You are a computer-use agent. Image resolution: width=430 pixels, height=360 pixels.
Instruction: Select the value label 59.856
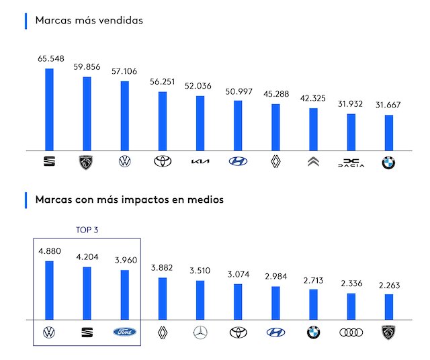[86, 66]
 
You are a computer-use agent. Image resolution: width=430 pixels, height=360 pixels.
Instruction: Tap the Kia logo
[200, 162]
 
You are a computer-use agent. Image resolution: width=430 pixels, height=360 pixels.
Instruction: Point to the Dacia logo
[350, 162]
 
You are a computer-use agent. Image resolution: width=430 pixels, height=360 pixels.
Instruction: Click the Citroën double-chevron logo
[313, 162]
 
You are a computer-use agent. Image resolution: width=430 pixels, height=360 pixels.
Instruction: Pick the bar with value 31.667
[388, 133]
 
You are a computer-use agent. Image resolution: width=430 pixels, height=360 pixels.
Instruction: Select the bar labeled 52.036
[200, 124]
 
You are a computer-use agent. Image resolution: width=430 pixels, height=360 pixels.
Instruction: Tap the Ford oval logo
[124, 332]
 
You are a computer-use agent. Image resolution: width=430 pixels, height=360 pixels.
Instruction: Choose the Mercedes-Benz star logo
[200, 332]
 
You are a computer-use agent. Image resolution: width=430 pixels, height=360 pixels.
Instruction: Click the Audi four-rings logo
[350, 332]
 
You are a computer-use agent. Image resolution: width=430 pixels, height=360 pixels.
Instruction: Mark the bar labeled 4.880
[49, 290]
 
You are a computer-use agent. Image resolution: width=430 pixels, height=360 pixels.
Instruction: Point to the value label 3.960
[124, 259]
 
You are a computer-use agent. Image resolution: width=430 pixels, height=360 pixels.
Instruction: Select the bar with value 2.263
[388, 307]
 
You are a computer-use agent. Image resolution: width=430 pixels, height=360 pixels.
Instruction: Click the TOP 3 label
[87, 229]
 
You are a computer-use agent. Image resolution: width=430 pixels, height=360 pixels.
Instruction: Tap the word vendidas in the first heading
[119, 20]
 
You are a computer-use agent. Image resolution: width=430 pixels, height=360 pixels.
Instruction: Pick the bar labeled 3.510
[200, 300]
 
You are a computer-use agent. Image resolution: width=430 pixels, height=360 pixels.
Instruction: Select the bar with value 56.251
[162, 122]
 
